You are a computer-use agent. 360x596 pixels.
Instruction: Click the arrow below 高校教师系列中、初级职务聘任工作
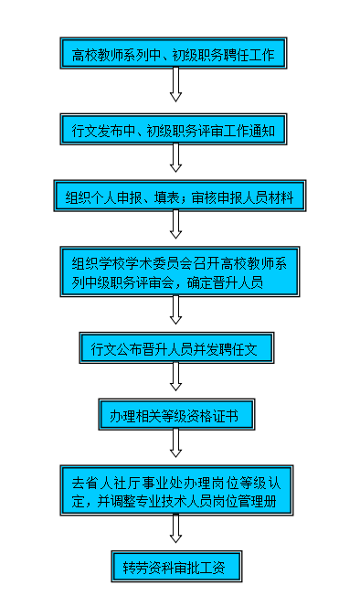[x=175, y=86]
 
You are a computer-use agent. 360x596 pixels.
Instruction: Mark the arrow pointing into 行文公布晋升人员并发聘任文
[x=175, y=311]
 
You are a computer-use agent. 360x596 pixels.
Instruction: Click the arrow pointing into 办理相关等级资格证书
[x=175, y=378]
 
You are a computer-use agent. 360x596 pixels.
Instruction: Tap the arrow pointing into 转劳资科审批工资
[x=175, y=528]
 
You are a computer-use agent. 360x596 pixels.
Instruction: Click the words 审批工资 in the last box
[x=204, y=567]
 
